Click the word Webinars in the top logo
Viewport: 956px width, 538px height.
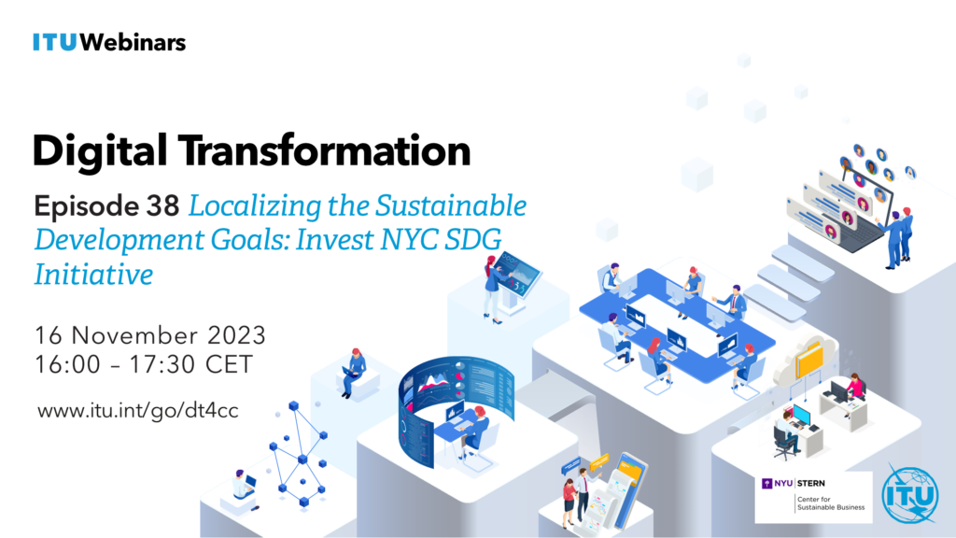(133, 42)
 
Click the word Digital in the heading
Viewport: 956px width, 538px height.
(99, 151)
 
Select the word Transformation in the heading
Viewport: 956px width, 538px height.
(324, 150)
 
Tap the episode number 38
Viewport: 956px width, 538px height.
(162, 206)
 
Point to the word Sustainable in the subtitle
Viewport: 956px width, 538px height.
(451, 205)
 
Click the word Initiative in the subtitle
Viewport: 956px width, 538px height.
(93, 274)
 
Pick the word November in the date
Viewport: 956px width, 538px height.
(134, 335)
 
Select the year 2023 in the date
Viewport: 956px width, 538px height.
(236, 335)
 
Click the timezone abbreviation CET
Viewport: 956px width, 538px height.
(229, 365)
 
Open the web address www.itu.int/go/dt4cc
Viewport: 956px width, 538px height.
(138, 411)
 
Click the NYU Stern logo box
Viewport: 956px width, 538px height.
(813, 497)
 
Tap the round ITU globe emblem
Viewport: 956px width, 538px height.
(909, 495)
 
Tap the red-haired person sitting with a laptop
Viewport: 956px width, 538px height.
(353, 372)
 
